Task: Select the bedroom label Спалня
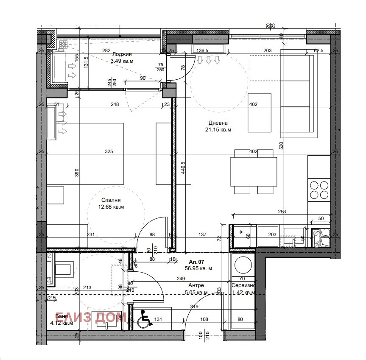pos(111,200)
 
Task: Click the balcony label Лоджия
pos(122,54)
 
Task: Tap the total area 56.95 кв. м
pos(198,268)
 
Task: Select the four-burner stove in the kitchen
pos(319,190)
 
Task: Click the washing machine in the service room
pos(242,264)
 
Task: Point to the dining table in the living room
pos(253,172)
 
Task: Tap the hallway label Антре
pos(196,285)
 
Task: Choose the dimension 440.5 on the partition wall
pos(183,170)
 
